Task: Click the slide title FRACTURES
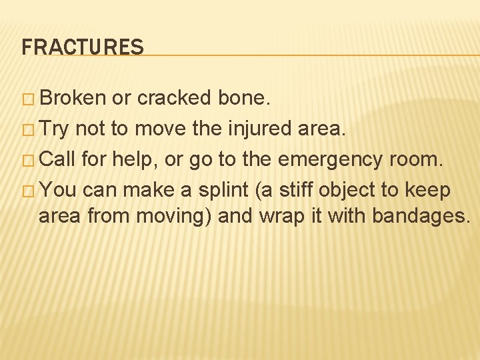tap(82, 47)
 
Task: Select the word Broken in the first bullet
tap(73, 98)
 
